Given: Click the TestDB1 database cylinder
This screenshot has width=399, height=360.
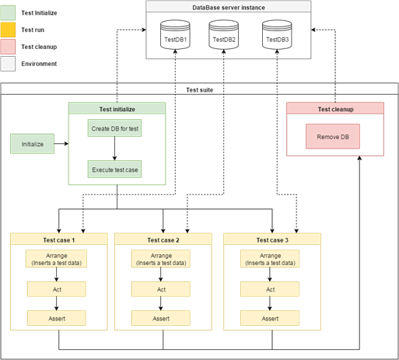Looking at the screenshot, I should (x=174, y=38).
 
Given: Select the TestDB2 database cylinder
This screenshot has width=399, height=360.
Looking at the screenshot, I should (x=224, y=38).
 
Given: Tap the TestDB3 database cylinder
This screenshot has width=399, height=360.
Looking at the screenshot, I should (x=276, y=38).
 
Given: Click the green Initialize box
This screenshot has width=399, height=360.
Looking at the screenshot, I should (x=33, y=144).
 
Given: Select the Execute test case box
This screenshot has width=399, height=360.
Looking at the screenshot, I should (x=114, y=169).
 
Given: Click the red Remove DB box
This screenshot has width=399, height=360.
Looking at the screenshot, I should (x=334, y=138).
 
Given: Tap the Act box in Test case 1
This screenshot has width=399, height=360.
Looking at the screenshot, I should (x=57, y=289).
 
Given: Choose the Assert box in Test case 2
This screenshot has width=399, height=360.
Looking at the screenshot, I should (x=161, y=318).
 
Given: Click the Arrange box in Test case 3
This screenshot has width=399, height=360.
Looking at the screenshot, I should (x=271, y=259).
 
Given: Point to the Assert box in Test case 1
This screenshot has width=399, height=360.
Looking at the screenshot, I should (x=57, y=318).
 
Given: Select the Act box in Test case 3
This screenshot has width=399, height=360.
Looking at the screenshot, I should (x=271, y=289).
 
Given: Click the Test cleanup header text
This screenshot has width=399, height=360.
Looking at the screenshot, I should (x=335, y=109).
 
